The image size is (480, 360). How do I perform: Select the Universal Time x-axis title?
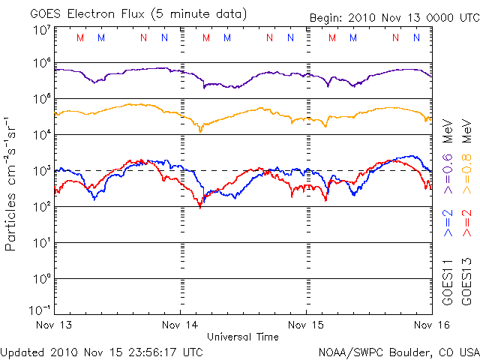pos(243,337)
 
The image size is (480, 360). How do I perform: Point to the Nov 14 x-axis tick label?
pos(181,325)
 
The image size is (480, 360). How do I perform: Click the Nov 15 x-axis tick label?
pos(307,325)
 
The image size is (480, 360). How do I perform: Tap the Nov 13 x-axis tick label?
pos(54,325)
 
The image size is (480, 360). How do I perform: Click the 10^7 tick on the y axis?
pos(40,30)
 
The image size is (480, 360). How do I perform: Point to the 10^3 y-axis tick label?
pos(40,170)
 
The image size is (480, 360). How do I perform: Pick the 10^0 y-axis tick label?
pos(40,278)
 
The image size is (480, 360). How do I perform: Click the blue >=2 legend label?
pos(449,223)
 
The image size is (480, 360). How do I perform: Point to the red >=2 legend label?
pos(466,223)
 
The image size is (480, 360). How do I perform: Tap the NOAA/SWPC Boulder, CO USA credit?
pos(398,351)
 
